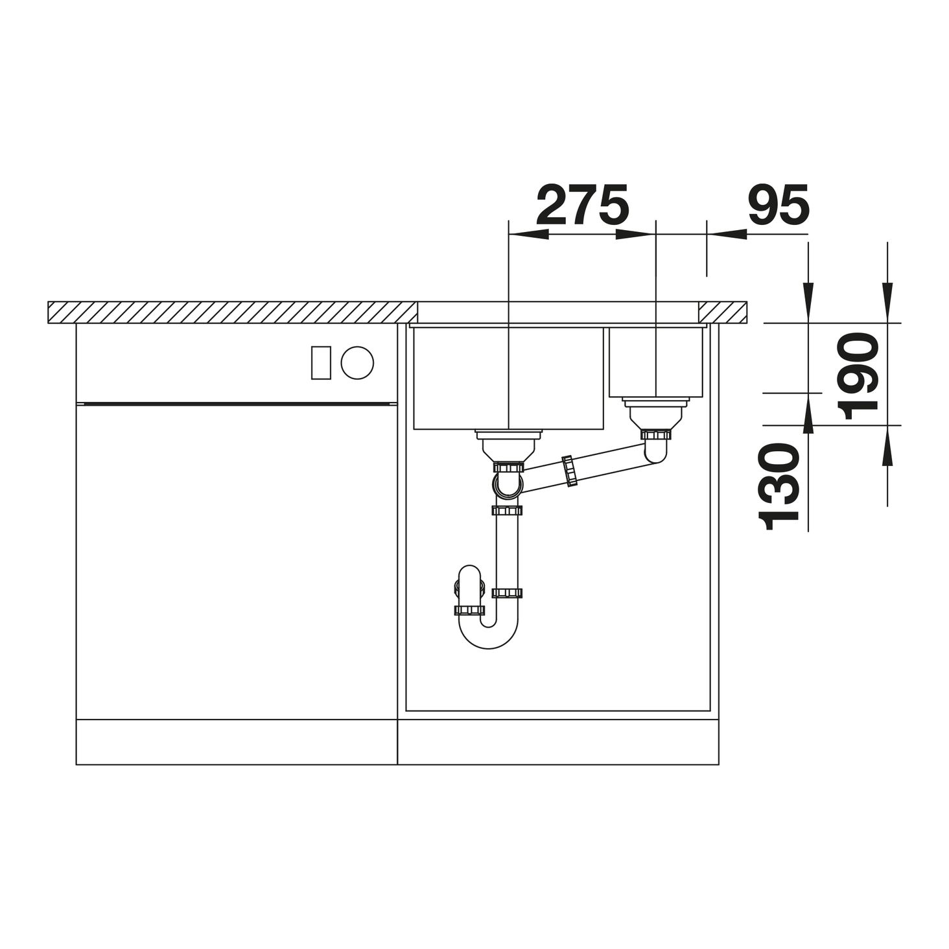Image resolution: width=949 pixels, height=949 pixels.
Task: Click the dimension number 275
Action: [582, 205]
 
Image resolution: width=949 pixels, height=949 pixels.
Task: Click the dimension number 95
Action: [778, 205]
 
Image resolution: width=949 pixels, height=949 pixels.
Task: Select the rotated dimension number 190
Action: [860, 376]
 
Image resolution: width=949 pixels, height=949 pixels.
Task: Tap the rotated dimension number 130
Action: [779, 486]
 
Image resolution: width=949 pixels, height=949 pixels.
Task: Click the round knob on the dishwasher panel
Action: [357, 363]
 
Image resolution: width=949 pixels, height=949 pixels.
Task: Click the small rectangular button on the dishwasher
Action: [321, 363]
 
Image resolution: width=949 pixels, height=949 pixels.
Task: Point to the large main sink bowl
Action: [509, 378]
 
